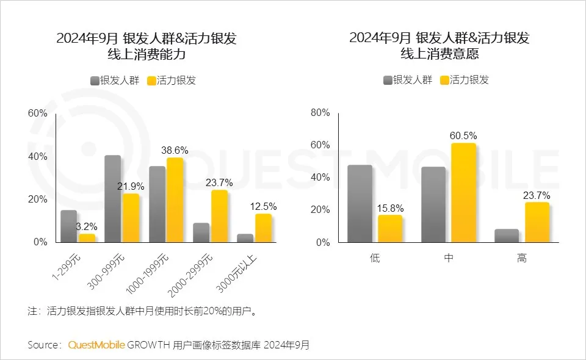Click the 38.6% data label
point(174,149)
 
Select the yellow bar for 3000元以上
point(264,228)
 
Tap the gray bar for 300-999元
point(112,198)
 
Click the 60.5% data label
point(463,135)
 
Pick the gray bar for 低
point(360,203)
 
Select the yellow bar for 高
point(537,222)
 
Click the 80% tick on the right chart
point(320,113)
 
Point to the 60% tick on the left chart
point(37,113)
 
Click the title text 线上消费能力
point(146,54)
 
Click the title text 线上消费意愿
point(439,54)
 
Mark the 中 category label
point(449,258)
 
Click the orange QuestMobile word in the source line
point(96,345)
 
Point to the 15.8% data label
point(390,208)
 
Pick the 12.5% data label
point(264,207)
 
